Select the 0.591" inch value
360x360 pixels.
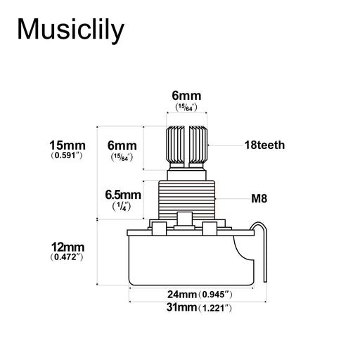67,154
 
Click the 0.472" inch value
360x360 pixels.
67,258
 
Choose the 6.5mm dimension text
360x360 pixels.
123,195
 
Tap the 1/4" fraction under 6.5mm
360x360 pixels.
122,207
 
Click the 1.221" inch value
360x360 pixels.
214,308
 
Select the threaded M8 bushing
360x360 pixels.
187,196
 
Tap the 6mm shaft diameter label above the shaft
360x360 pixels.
186,96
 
